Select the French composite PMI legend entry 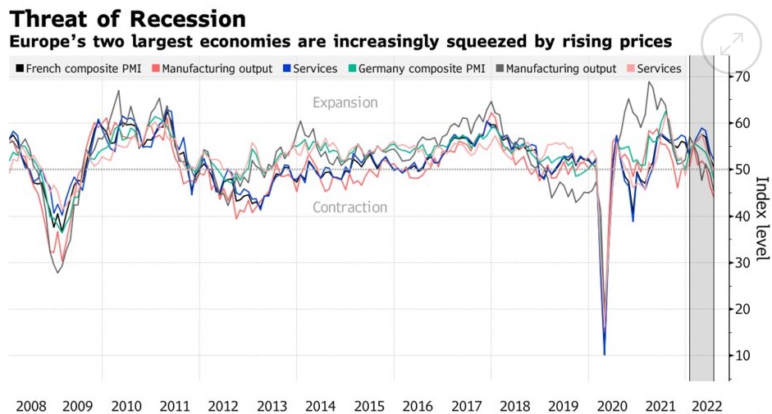[x=80, y=69]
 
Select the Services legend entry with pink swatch [x=653, y=69]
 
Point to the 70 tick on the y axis [x=743, y=77]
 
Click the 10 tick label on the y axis [x=743, y=355]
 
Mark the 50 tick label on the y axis [x=743, y=170]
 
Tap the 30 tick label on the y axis [x=743, y=262]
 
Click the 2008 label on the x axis [x=30, y=406]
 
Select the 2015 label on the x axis [x=369, y=406]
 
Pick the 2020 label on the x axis [x=611, y=406]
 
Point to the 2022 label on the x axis [x=706, y=406]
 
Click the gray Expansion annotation [x=345, y=103]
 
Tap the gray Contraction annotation [x=349, y=207]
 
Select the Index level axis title [x=761, y=217]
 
